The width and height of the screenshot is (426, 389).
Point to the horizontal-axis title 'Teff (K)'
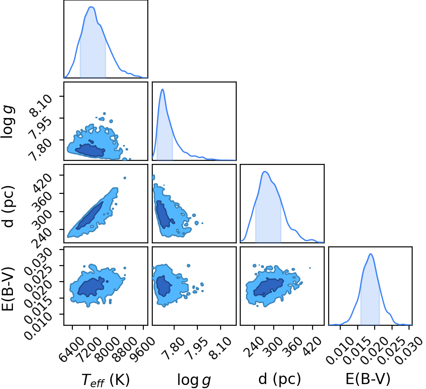pos(105,379)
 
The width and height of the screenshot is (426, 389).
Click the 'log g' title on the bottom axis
pos(194,380)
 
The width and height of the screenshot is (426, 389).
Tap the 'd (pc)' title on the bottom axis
pos(280,379)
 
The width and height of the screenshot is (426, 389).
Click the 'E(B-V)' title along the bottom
pos(368,379)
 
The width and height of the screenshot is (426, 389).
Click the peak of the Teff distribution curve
pos(91,7)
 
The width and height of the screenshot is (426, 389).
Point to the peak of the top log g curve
pos(163,89)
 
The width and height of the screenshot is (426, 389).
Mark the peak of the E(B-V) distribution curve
pos(370,254)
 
